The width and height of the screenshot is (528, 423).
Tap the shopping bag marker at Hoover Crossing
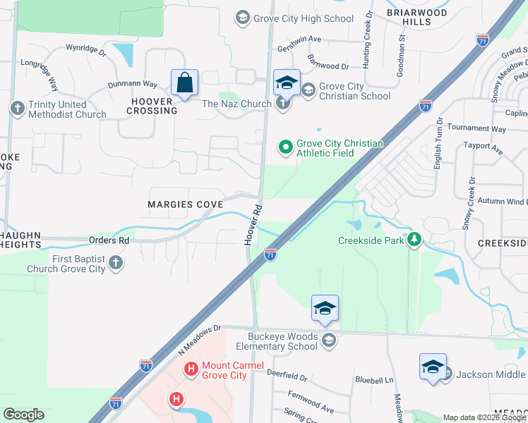[x=184, y=83]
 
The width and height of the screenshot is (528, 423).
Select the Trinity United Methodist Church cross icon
[x=17, y=109]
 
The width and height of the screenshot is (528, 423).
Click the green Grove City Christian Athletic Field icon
[x=285, y=147]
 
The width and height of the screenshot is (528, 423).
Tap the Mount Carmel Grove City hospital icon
[x=191, y=369]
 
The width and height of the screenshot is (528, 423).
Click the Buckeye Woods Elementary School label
[x=282, y=341]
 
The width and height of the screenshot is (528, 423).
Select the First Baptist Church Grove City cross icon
[x=116, y=264]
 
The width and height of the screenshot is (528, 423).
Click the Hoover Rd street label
[x=253, y=225]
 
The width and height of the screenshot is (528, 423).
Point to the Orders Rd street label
[x=109, y=240]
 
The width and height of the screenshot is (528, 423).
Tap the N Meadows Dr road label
[x=199, y=339]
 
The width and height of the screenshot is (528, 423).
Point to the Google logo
[x=23, y=415]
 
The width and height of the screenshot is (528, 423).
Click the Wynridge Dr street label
[x=85, y=51]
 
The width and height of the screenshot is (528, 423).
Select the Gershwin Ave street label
[x=300, y=39]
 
